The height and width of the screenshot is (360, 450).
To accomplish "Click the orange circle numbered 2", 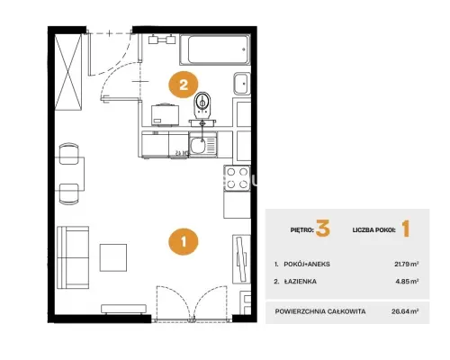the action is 184,85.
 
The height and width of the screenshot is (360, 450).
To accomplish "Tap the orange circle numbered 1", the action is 184,241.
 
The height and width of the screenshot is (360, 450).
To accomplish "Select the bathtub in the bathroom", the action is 215,49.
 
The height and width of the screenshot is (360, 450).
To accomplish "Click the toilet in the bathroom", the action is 202,105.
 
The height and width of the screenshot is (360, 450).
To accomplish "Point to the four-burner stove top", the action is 238,178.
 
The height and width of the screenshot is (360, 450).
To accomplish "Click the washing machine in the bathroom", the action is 166,115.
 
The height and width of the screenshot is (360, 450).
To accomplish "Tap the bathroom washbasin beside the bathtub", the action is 242,84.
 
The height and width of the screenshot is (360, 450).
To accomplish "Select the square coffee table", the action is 113,257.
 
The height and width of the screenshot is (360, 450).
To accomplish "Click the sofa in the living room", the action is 73,257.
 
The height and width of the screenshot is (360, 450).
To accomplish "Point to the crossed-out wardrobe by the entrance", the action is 68,71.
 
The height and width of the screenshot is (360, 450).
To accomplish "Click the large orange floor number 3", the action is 323,229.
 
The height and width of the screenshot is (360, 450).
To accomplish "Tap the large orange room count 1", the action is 406,229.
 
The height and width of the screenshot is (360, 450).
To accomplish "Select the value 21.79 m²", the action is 407,265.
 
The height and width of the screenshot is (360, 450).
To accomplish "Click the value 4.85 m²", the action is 407,282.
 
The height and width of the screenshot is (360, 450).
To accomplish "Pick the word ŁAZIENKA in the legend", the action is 301,282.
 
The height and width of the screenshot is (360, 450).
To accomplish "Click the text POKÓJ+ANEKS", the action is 307,265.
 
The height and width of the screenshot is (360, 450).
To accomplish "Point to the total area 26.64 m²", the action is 405,311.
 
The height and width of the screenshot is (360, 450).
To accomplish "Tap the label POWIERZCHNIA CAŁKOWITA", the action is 320,311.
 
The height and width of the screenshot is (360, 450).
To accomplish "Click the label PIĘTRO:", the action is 302,230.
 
